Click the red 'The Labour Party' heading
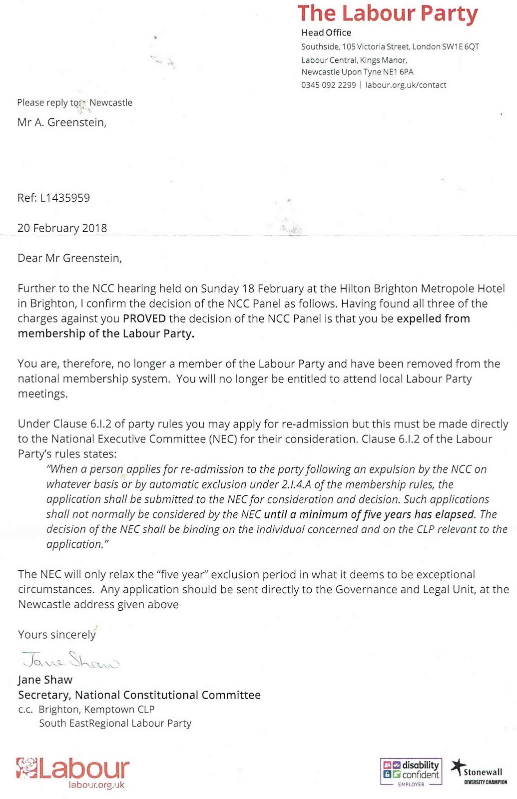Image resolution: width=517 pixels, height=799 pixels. point(388,14)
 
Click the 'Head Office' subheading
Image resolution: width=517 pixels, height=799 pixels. point(326,33)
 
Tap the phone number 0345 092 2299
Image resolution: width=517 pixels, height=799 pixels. point(328,85)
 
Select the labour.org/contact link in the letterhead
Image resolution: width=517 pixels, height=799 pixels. point(406,85)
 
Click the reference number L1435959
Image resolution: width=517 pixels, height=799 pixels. point(65,198)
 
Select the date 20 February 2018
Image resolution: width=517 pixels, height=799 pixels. point(62,228)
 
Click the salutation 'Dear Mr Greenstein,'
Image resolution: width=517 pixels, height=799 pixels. point(69,258)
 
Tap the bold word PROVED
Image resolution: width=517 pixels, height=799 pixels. point(144,319)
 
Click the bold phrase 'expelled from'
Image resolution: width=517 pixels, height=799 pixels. point(433,319)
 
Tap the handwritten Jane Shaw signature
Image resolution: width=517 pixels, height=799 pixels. point(70,661)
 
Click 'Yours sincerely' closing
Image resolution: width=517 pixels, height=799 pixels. point(56,635)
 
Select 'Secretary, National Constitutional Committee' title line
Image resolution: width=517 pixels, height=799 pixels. point(139,695)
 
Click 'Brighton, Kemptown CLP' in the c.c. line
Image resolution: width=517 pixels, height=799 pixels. point(96,710)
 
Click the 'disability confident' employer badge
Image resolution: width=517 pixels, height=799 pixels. point(411,772)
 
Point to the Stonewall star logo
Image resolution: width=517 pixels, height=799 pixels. point(457,767)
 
